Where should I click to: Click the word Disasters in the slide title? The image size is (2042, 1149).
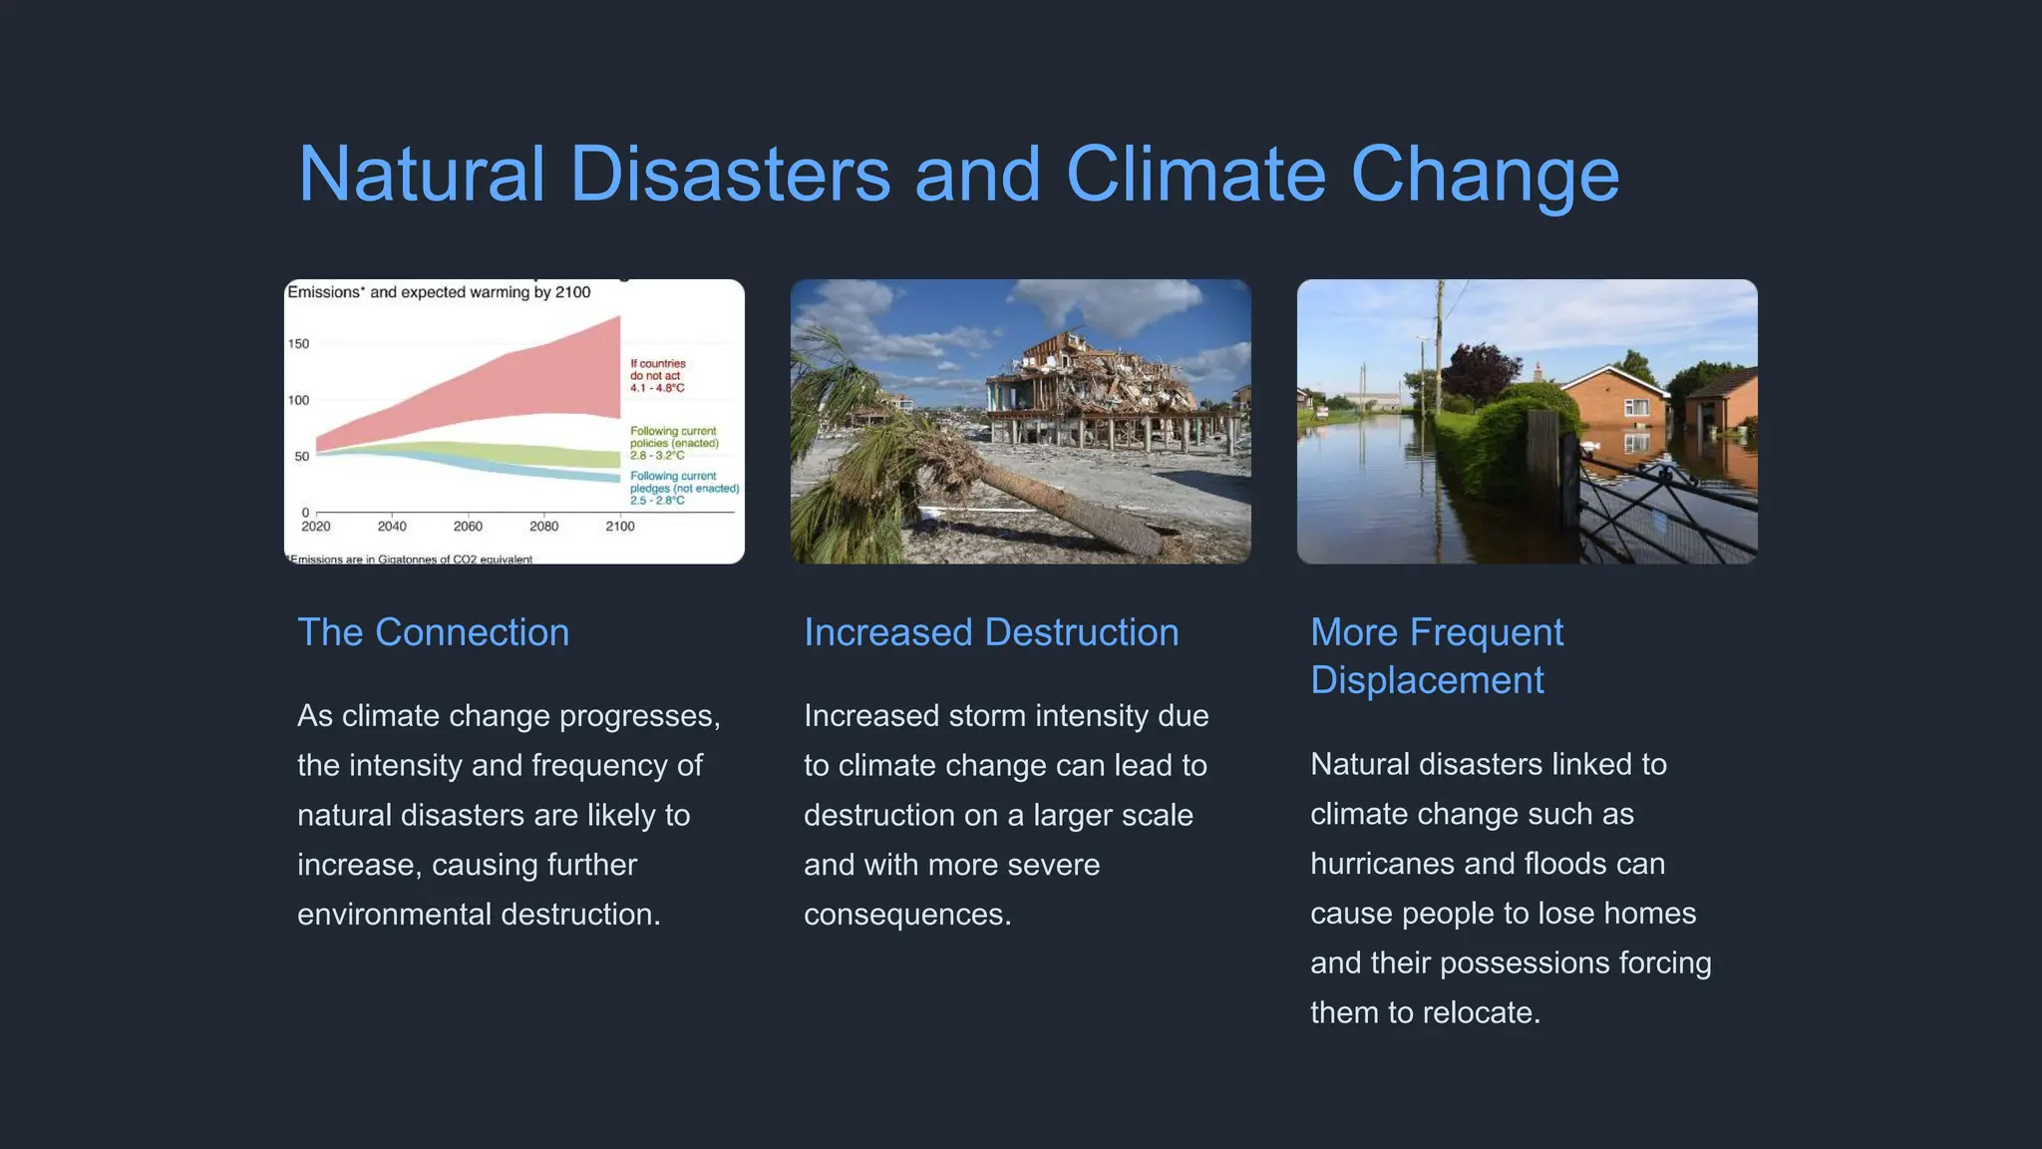(x=730, y=175)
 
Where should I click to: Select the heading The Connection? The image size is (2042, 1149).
(x=433, y=632)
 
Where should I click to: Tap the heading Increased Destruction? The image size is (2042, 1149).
(x=991, y=632)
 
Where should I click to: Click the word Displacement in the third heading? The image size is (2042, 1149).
(x=1427, y=680)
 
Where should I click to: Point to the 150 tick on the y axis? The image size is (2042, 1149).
(x=299, y=344)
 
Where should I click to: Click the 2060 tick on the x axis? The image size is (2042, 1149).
(x=468, y=526)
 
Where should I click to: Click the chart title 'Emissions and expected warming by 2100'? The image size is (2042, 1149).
(x=439, y=292)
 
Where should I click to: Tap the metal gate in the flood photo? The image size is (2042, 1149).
(x=1665, y=509)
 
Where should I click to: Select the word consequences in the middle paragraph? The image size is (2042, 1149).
(x=905, y=915)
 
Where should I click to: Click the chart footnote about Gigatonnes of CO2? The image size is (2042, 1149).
(x=411, y=559)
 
